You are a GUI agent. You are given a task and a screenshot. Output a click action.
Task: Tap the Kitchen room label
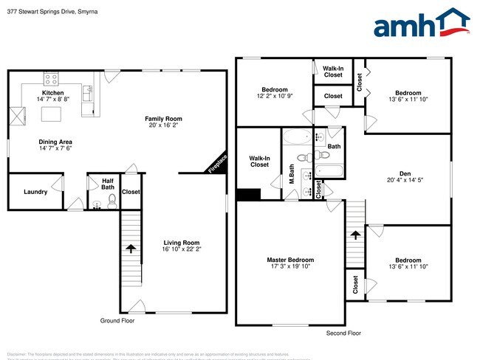(52, 93)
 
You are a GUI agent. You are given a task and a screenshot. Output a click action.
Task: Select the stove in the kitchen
(52, 78)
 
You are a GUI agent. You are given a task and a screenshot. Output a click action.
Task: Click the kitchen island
(51, 114)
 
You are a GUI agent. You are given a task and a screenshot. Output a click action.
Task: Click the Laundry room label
(35, 192)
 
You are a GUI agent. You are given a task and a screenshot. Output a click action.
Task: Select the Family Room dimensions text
(163, 125)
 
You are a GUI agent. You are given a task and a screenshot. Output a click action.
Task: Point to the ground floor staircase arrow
(131, 249)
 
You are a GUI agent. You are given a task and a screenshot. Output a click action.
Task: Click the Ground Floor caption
(117, 321)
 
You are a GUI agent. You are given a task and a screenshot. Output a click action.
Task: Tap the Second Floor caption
(344, 333)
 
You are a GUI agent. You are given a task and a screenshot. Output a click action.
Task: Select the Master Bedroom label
(290, 260)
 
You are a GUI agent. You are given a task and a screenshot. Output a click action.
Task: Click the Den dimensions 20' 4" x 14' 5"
(404, 181)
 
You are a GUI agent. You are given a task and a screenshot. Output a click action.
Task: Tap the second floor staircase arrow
(356, 235)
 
